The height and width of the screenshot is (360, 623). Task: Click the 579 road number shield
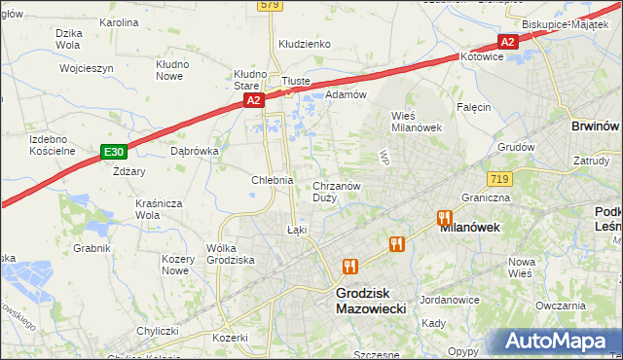[x=270, y=6]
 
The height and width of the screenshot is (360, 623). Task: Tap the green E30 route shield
[x=114, y=152]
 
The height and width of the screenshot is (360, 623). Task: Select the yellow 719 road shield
[x=500, y=179]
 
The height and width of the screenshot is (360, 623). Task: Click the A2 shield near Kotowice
[x=506, y=42]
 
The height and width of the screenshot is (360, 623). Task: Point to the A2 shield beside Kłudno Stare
[x=253, y=100]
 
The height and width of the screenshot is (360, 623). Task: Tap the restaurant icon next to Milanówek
[x=445, y=218]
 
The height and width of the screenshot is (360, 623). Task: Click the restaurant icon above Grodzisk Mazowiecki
[x=349, y=265]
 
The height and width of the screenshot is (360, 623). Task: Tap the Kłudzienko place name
[x=305, y=44]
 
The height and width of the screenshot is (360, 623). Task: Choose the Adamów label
[x=345, y=94]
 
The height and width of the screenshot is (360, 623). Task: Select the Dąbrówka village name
[x=194, y=151]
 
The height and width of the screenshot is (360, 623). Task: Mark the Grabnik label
[x=92, y=248]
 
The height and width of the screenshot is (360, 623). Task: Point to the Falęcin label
[x=473, y=107]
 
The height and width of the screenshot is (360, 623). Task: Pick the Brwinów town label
[x=596, y=126]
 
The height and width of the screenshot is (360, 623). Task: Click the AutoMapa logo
[x=560, y=342]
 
